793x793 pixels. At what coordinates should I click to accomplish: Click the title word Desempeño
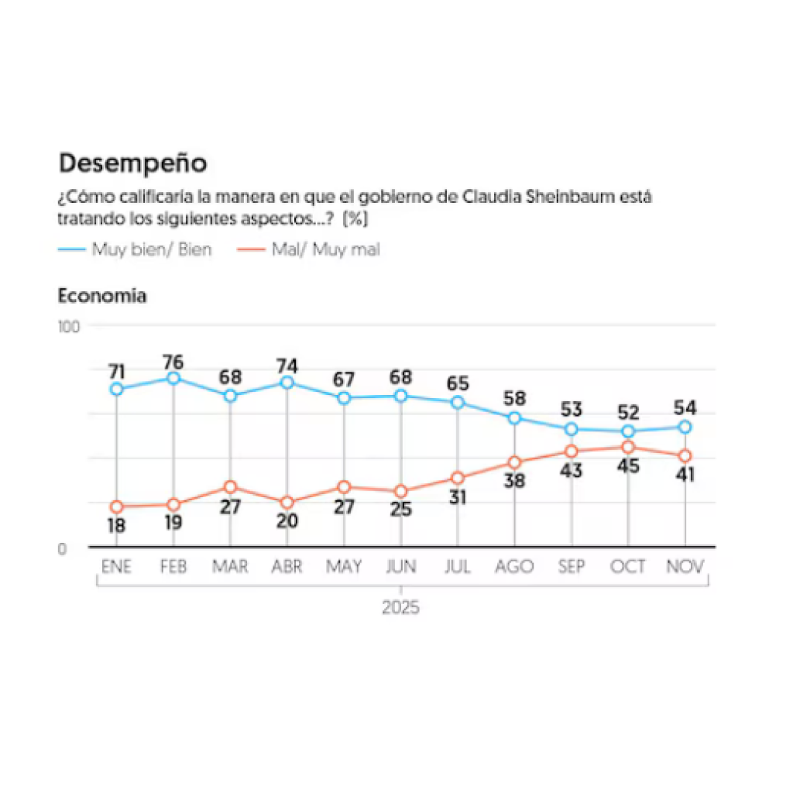pyautogui.click(x=132, y=163)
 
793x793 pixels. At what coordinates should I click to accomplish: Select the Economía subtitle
pyautogui.click(x=102, y=296)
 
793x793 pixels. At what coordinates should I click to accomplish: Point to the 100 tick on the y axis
pyautogui.click(x=69, y=326)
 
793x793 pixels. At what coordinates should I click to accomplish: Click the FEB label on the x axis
pyautogui.click(x=173, y=567)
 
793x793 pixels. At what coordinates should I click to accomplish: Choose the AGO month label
pyautogui.click(x=514, y=567)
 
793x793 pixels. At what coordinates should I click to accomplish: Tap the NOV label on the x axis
pyautogui.click(x=685, y=567)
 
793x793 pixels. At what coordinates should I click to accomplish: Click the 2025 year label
pyautogui.click(x=400, y=607)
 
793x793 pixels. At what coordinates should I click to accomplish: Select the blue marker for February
pyautogui.click(x=173, y=378)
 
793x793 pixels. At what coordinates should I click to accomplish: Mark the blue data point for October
pyautogui.click(x=628, y=431)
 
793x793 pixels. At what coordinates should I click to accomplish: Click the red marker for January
pyautogui.click(x=117, y=506)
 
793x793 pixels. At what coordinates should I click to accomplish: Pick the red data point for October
pyautogui.click(x=628, y=447)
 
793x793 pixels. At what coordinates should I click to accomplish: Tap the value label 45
pyautogui.click(x=628, y=466)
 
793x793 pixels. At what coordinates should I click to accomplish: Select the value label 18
pyautogui.click(x=117, y=526)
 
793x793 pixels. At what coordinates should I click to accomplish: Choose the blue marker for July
pyautogui.click(x=458, y=403)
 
